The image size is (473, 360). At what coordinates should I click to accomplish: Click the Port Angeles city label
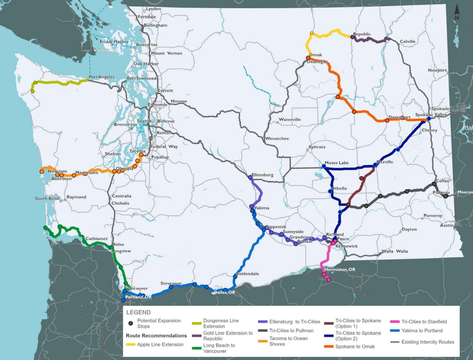[101, 77]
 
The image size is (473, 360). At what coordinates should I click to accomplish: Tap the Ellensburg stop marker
[250, 177]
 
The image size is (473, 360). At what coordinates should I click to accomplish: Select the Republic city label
[361, 34]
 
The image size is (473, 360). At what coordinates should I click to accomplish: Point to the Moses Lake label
[337, 163]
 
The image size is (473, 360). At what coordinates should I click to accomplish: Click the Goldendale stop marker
[235, 277]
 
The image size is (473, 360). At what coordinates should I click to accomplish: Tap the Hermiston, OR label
[340, 269]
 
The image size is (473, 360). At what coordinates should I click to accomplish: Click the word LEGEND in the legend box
[138, 312]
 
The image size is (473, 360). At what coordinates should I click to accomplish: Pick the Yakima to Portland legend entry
[422, 331]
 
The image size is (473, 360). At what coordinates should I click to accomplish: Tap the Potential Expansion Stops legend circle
[130, 323]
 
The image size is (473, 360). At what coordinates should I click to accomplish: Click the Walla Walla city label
[395, 251]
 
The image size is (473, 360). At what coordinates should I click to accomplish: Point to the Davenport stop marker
[387, 121]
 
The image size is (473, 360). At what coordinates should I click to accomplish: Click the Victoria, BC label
[105, 51]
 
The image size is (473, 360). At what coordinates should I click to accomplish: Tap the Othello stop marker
[330, 191]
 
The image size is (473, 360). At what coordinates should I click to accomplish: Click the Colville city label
[408, 42]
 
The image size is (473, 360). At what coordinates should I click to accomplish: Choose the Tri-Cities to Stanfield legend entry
[424, 321]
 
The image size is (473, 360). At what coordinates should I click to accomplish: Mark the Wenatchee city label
[277, 139]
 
